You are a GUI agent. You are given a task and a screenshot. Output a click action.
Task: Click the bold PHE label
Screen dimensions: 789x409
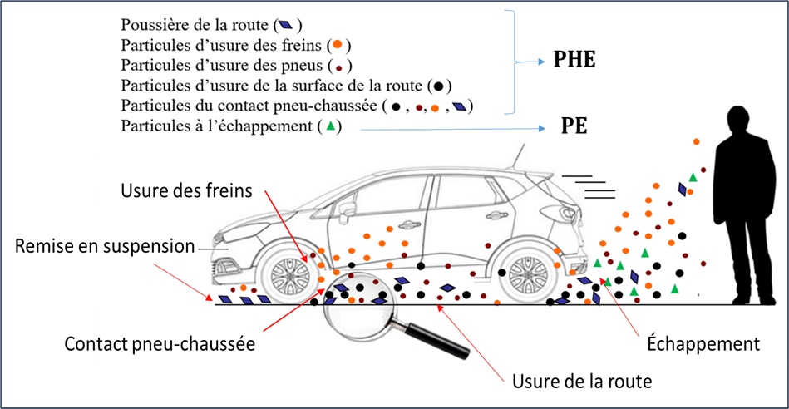574,59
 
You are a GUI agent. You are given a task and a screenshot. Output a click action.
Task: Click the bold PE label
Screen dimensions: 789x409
574,126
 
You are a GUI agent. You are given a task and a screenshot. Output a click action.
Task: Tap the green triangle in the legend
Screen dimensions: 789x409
331,126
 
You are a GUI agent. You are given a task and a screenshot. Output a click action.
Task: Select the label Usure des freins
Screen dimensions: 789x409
186,190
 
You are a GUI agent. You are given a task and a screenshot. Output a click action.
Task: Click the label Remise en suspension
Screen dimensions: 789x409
105,246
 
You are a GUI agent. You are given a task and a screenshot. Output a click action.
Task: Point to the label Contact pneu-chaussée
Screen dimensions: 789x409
160,344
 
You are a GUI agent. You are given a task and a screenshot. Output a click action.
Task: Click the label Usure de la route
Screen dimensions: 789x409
582,382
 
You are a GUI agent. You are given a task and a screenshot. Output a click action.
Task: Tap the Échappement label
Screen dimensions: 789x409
703,344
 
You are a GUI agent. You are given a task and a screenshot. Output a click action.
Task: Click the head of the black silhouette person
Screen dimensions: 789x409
739,121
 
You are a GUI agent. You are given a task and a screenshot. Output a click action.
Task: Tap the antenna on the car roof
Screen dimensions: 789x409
518,157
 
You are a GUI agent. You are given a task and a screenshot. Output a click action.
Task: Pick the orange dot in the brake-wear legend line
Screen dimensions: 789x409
338,45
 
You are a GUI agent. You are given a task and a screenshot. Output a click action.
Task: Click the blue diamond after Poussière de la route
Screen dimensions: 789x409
286,25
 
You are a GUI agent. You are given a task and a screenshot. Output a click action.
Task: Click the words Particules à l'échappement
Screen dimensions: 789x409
216,126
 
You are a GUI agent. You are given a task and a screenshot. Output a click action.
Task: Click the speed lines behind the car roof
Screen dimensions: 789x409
589,187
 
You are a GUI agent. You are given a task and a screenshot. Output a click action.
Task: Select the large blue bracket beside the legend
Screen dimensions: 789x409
513,62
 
